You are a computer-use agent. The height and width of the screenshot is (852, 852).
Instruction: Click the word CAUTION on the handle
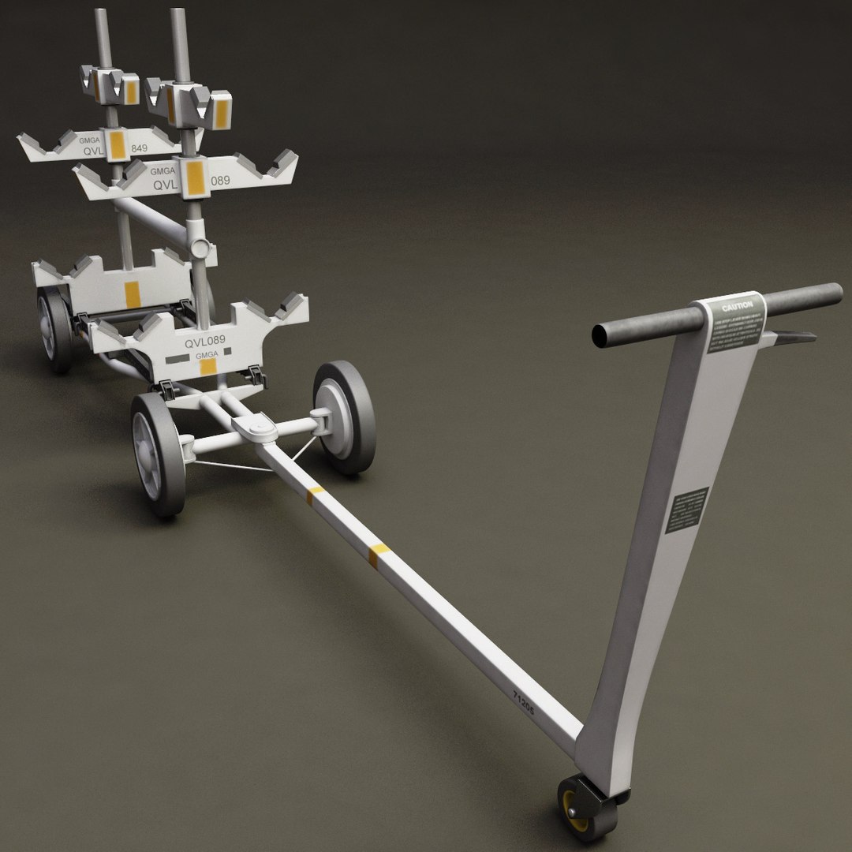[737, 305]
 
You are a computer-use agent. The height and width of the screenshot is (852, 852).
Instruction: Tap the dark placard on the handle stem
[686, 510]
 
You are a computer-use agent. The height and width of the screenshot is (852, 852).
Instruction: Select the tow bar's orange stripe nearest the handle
[378, 555]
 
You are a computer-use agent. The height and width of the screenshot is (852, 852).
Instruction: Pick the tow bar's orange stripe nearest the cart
[315, 495]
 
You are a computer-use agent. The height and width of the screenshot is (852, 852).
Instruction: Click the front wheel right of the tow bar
[345, 417]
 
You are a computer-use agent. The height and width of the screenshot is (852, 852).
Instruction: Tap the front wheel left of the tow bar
[158, 454]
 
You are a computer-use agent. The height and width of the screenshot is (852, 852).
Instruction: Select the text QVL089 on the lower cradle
[205, 342]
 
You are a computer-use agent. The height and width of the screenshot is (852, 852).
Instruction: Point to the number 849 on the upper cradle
[140, 148]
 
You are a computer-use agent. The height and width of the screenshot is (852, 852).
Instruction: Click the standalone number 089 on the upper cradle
[220, 181]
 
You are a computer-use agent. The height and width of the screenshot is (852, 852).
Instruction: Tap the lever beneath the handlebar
[793, 337]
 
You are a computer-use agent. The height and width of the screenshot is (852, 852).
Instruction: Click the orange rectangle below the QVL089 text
[208, 366]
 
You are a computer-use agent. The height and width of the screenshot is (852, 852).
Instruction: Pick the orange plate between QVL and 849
[118, 147]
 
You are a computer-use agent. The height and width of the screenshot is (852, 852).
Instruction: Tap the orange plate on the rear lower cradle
[132, 294]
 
